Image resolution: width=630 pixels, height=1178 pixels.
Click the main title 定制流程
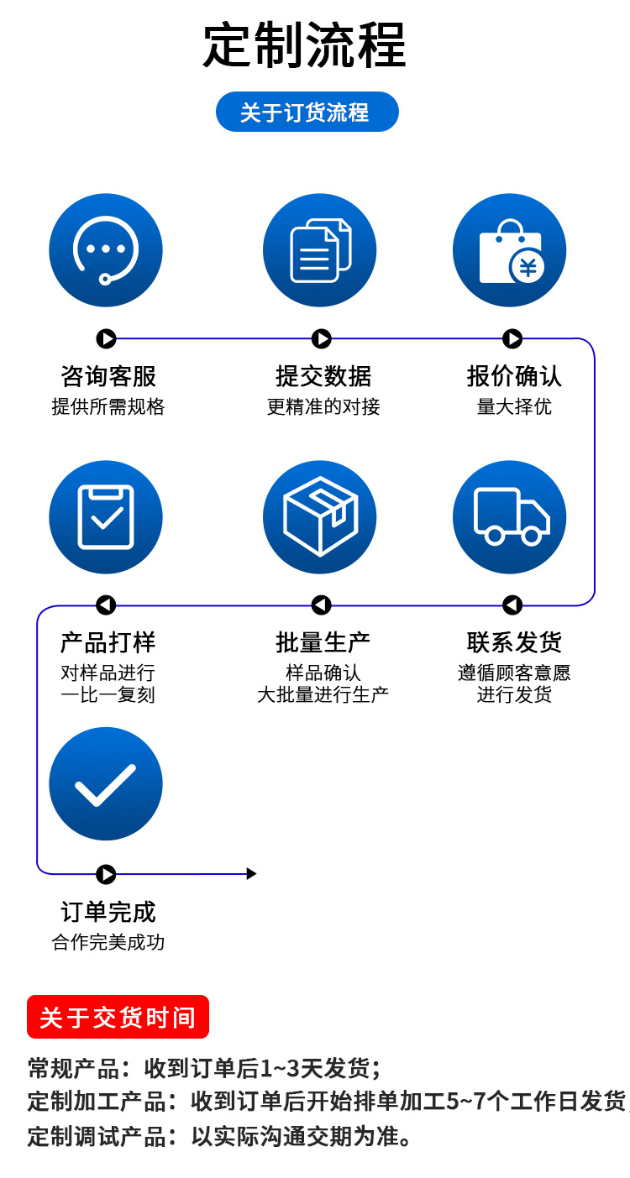tap(305, 45)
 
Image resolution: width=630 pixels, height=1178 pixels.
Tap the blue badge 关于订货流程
tap(307, 112)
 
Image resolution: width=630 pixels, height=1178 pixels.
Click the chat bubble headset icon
tap(106, 250)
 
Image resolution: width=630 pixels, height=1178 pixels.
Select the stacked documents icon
tap(320, 250)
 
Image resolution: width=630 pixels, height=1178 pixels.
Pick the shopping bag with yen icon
tap(510, 250)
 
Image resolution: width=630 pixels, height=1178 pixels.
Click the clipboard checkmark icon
tap(106, 517)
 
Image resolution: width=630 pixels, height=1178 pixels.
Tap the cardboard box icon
tap(320, 517)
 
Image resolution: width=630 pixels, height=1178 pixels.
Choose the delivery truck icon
tap(510, 517)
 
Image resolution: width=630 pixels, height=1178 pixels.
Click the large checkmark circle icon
tap(106, 784)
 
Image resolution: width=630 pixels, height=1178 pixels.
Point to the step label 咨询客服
tap(108, 376)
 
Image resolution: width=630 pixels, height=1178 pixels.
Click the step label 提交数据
tap(323, 376)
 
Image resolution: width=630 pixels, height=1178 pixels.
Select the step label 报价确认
tap(514, 376)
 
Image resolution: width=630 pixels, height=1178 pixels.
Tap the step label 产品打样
tap(108, 643)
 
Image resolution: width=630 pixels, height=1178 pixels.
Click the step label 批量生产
tap(323, 643)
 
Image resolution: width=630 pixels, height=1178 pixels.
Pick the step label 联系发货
tap(514, 643)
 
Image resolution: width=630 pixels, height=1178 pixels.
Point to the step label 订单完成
tap(108, 912)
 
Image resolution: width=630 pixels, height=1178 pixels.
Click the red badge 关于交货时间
tap(118, 1018)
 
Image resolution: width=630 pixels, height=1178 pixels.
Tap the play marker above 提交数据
tap(322, 338)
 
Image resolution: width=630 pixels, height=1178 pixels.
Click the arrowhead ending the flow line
tap(251, 874)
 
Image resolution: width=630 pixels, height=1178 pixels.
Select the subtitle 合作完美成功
tap(108, 942)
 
